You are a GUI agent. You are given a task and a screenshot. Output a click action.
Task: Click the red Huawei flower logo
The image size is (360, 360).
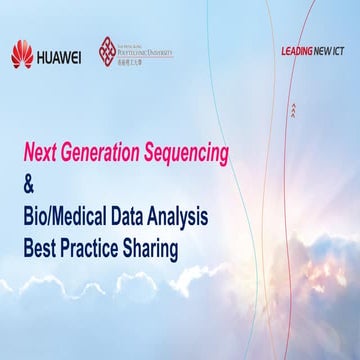(x=22, y=54)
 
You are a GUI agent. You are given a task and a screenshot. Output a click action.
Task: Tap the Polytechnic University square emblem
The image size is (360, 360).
(x=111, y=52)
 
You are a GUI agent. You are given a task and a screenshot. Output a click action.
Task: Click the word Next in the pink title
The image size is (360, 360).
(x=43, y=153)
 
